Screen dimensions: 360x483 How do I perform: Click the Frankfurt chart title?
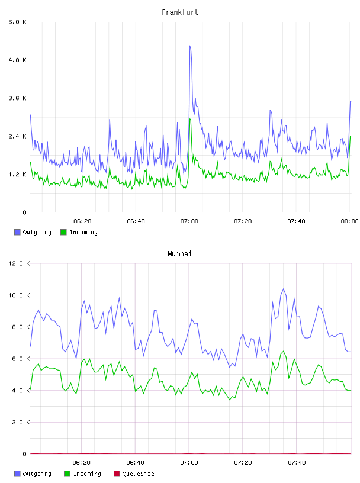click(x=180, y=12)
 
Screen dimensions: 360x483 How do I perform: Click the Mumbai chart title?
click(x=179, y=254)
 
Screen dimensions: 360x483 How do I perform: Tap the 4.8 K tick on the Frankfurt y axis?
click(x=17, y=60)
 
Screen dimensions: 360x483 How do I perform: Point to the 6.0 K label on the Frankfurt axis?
click(x=17, y=22)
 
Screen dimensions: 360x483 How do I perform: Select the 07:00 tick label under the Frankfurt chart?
click(x=189, y=221)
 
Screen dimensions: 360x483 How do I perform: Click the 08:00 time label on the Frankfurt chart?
click(x=349, y=221)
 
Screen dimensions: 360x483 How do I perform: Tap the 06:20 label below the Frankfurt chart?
click(x=82, y=221)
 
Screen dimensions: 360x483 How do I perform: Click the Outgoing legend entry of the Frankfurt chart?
click(x=33, y=232)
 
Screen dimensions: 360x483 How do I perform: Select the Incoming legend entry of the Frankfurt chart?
click(x=79, y=232)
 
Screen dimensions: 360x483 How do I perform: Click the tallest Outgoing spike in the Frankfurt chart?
click(x=190, y=46)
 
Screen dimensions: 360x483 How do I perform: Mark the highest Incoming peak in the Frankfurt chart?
click(x=190, y=119)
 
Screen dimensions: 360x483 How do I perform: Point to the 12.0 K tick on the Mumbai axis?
click(x=19, y=263)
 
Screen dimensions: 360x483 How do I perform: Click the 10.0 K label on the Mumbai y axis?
click(x=19, y=295)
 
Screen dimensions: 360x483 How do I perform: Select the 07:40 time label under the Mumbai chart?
click(x=297, y=463)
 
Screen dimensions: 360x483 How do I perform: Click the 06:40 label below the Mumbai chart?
click(x=136, y=463)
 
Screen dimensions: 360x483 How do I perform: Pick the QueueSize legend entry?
click(x=134, y=474)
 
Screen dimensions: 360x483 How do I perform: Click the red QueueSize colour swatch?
click(x=117, y=474)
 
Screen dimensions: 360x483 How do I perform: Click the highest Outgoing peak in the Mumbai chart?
click(x=284, y=289)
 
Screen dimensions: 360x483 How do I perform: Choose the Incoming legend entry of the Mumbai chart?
click(x=82, y=474)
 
